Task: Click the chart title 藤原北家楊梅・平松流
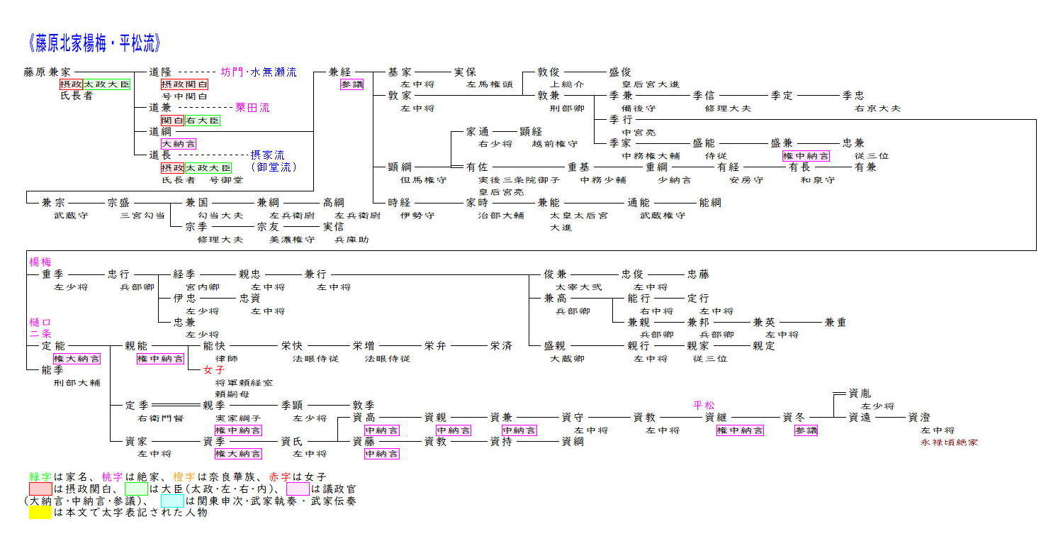(x=95, y=44)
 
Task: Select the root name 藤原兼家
(x=47, y=72)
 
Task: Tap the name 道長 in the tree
(x=160, y=155)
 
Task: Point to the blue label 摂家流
(x=267, y=155)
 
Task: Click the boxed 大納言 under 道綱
(x=179, y=144)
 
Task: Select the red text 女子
(x=213, y=370)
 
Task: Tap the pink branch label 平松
(x=704, y=406)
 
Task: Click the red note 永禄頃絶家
(x=949, y=442)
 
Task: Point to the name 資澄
(x=919, y=418)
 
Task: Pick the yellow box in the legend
(x=40, y=513)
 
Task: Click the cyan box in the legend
(x=171, y=501)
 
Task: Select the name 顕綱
(x=400, y=167)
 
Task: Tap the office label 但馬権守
(x=423, y=180)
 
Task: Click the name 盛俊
(x=619, y=72)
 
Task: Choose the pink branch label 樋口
(x=40, y=322)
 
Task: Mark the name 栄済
(x=500, y=346)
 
